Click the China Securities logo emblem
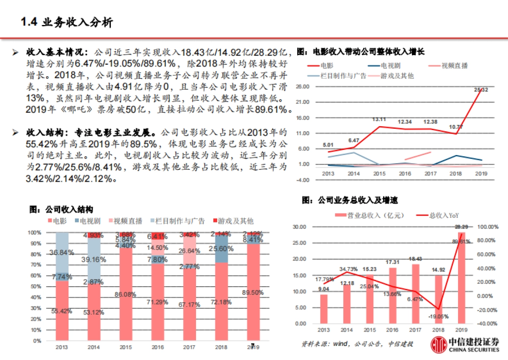438,345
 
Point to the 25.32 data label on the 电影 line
481,90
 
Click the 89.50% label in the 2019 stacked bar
253,292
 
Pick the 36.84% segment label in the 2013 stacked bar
62,252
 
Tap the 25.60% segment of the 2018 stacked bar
221,249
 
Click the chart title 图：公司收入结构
61,210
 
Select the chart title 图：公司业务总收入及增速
349,200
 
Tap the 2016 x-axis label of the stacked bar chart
157,347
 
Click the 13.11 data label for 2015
379,119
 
